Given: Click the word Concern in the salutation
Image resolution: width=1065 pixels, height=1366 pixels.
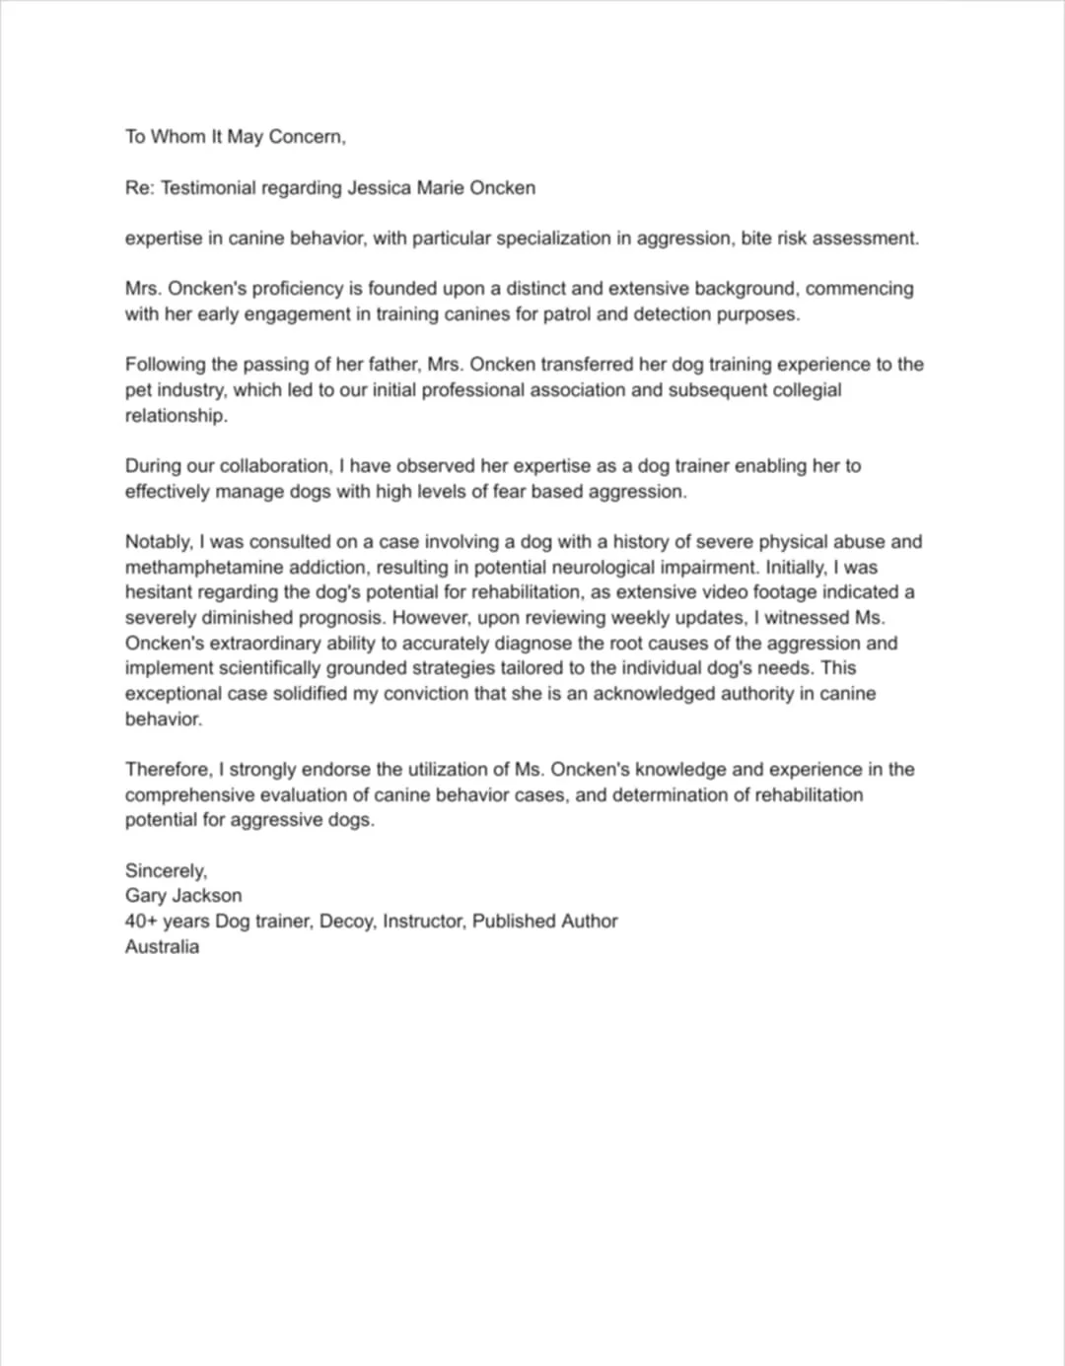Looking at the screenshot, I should point(307,137).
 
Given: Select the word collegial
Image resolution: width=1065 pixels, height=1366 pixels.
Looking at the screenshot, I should point(792,389).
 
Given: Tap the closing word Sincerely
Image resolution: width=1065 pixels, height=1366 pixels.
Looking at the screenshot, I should point(166,870).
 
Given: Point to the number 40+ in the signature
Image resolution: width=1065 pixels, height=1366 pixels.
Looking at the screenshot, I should point(140,921).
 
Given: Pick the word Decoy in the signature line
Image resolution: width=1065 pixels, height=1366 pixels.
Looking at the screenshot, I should point(344,921).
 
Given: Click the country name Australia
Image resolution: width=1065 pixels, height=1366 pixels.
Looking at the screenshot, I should point(162,946).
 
